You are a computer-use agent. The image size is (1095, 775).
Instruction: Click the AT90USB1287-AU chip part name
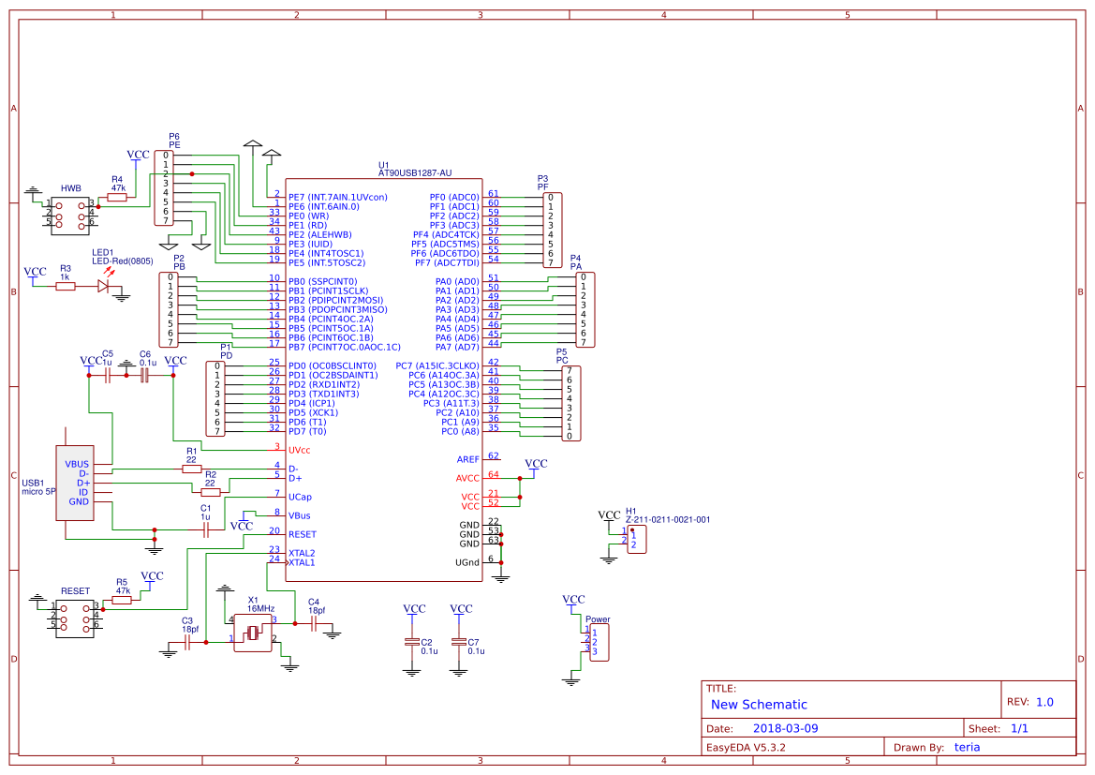point(415,173)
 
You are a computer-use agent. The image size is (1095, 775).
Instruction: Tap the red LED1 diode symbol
point(104,287)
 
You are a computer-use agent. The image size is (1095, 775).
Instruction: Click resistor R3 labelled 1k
point(65,287)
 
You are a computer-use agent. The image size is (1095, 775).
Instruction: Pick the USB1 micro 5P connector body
point(75,483)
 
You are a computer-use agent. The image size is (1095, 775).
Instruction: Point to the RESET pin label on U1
point(303,534)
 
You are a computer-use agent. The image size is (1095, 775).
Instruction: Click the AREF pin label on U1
point(467,459)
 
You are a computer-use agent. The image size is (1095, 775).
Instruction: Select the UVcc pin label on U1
point(300,450)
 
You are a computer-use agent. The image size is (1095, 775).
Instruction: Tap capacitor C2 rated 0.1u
point(411,642)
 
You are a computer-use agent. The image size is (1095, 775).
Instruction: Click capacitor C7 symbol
point(458,642)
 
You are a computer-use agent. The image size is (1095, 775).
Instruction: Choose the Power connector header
point(599,642)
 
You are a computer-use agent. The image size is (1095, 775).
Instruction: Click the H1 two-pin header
point(636,540)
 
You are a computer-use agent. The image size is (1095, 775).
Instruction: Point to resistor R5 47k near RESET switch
point(122,600)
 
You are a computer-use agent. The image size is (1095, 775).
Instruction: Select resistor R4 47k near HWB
point(118,197)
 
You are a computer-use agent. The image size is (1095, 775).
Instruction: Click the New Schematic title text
point(759,705)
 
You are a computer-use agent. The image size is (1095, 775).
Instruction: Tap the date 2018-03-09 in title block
point(785,728)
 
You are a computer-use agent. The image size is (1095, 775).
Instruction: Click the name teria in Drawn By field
point(967,747)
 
